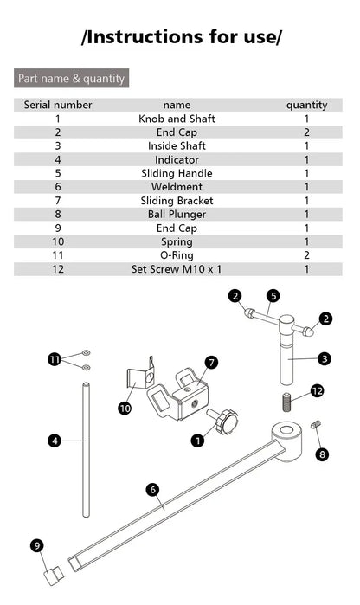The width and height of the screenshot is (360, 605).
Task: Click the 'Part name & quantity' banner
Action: tap(71, 78)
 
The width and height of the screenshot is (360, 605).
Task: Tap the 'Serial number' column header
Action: tap(58, 105)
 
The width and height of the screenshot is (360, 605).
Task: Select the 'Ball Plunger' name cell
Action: tap(177, 214)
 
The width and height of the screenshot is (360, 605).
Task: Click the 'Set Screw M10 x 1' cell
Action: tap(177, 269)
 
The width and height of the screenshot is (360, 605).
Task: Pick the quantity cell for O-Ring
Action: tap(306, 255)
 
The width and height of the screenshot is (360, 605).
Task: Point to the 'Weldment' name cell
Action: tap(177, 187)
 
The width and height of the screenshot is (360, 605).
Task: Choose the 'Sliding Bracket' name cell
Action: tap(177, 201)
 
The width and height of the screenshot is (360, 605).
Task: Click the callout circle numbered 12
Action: tap(318, 391)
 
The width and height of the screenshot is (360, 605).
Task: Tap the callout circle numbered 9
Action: tap(37, 545)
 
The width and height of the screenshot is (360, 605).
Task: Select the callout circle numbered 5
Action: tap(273, 296)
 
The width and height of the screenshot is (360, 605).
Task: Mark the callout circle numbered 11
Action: tap(55, 359)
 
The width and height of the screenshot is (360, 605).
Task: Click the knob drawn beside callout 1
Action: tap(224, 421)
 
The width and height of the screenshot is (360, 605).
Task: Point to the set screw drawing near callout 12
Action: tap(286, 402)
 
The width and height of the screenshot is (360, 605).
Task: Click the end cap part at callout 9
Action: tap(54, 576)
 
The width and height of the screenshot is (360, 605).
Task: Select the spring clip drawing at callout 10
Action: tap(140, 374)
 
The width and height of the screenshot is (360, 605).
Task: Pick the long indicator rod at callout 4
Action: tap(87, 449)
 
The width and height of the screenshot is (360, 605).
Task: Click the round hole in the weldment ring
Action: tap(286, 431)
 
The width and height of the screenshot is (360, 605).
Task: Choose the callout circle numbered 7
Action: tap(211, 363)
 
